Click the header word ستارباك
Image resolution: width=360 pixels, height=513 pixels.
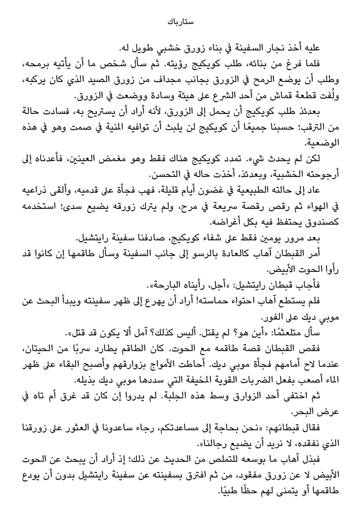[x=179, y=22]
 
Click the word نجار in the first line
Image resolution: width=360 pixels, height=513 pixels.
[x=291, y=49]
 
